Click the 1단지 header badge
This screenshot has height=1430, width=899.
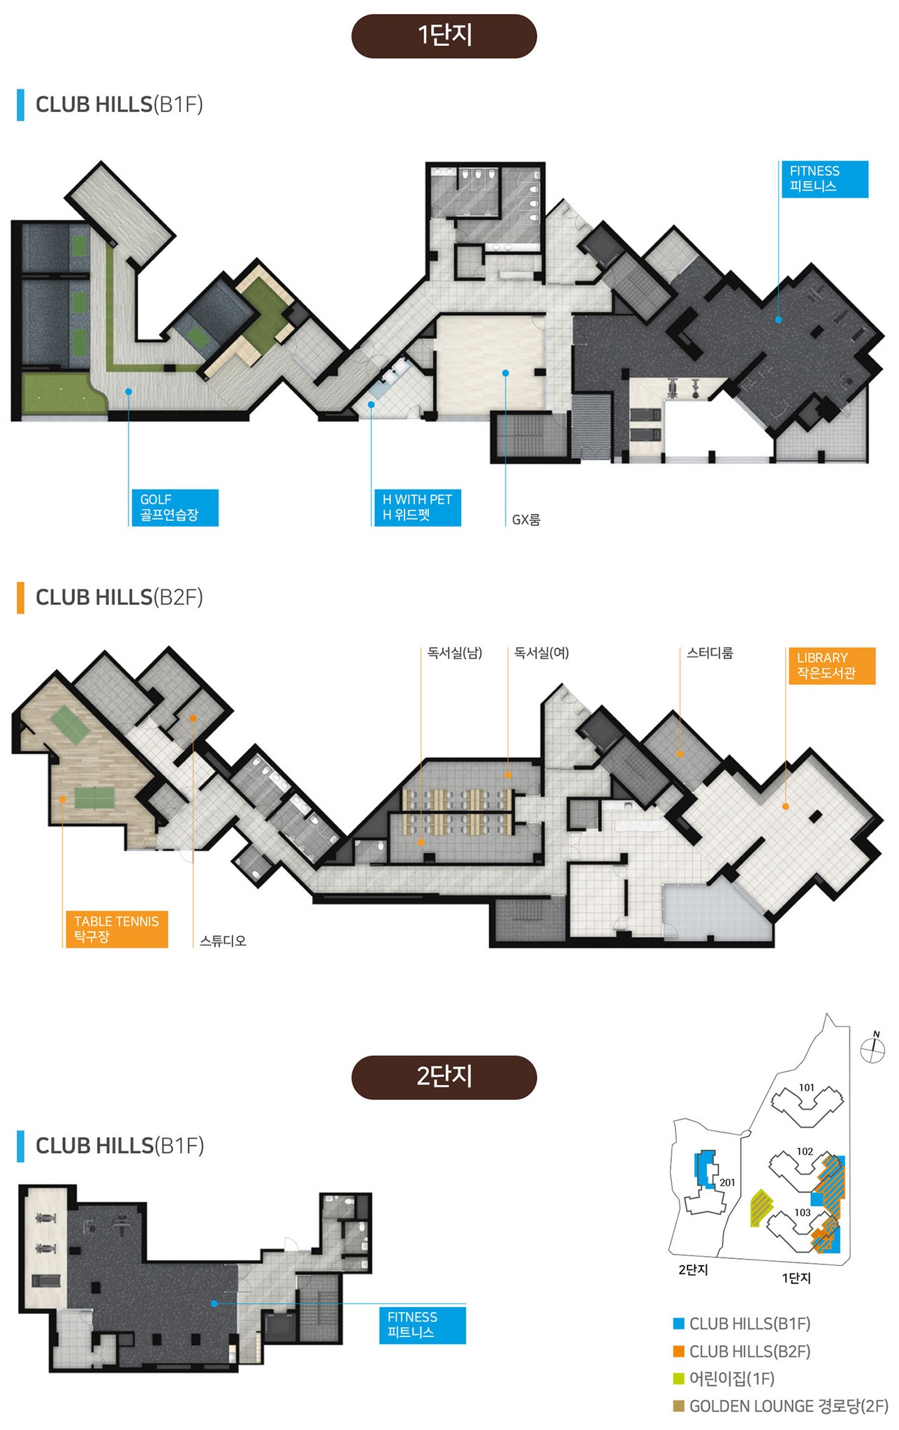tap(444, 36)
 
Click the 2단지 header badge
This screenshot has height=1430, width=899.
tap(444, 1077)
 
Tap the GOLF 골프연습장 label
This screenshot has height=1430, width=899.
tap(175, 508)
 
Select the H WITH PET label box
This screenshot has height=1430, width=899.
tap(417, 508)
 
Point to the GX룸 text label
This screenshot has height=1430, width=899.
tap(526, 519)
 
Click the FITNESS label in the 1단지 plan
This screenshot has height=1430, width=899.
tap(824, 179)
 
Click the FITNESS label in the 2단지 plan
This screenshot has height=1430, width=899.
tap(422, 1325)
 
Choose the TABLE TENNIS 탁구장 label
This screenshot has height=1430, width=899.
tap(117, 929)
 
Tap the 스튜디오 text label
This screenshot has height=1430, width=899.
tap(223, 941)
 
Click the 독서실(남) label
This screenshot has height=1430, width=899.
tap(455, 653)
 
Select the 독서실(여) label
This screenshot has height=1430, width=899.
tap(541, 653)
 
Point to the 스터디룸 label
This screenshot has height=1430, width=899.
tap(710, 653)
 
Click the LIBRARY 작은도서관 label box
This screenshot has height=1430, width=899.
tap(831, 665)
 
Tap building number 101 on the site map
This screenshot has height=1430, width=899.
tap(807, 1087)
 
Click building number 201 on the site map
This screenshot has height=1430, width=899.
tap(727, 1182)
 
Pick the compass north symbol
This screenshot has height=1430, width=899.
tap(872, 1048)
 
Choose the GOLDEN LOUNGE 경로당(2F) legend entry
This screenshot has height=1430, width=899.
tap(780, 1406)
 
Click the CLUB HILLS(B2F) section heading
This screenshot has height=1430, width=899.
tap(119, 597)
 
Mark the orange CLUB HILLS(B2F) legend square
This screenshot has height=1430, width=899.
tap(678, 1351)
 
